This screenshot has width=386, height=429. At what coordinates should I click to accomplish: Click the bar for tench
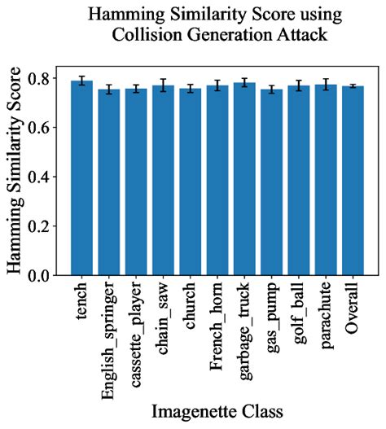(x=81, y=179)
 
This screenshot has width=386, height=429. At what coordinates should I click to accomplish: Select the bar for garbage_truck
(x=243, y=180)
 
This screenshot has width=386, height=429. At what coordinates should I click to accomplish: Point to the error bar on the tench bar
(x=81, y=81)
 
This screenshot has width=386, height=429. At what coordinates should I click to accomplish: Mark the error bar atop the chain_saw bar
(x=163, y=85)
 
